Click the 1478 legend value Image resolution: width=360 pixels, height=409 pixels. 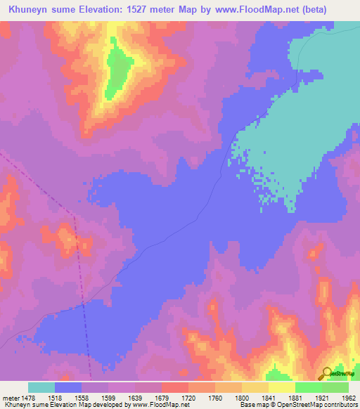pos(28,398)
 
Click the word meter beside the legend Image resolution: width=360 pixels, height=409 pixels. pos(8,398)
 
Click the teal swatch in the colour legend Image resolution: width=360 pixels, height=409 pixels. pos(41,387)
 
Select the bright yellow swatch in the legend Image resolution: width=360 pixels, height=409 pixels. pos(281,387)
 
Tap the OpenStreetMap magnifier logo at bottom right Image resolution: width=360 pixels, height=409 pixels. pos(327,373)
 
